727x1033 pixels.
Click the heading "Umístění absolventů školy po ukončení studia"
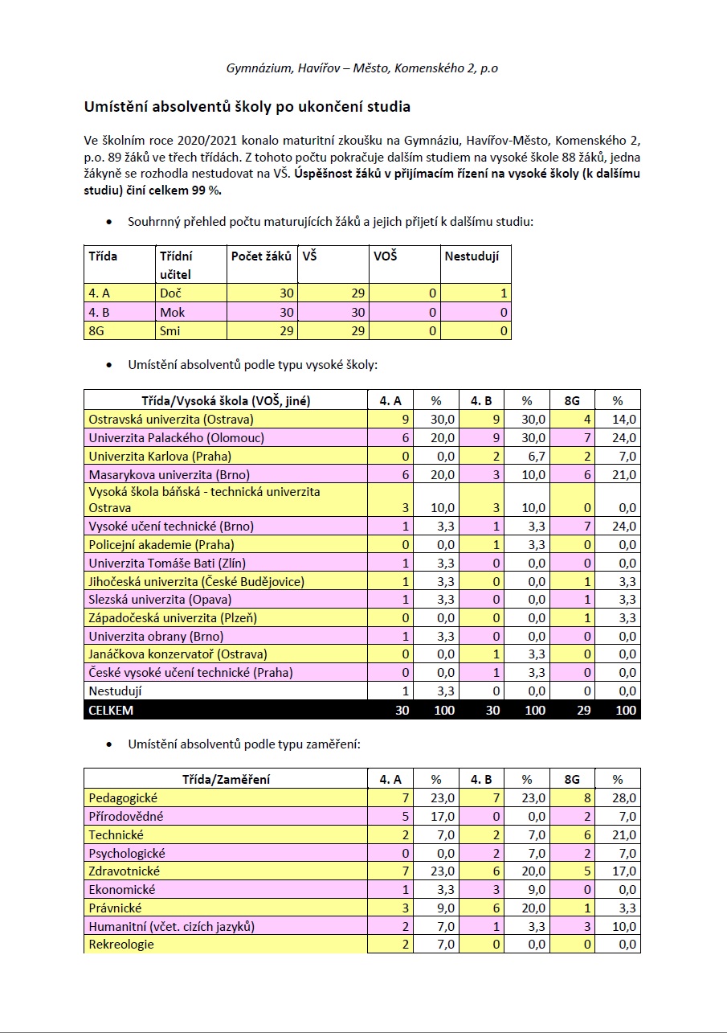[x=247, y=106]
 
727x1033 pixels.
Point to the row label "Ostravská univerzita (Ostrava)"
[x=171, y=420]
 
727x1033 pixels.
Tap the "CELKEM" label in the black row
[x=111, y=711]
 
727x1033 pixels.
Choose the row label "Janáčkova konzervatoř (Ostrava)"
[x=178, y=654]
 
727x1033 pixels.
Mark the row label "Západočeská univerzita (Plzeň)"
[x=173, y=618]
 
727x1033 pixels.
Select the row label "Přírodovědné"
[x=125, y=816]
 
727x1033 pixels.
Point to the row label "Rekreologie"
[x=121, y=945]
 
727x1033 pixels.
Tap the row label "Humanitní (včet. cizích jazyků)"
[x=171, y=926]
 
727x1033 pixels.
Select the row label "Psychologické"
[x=129, y=853]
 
